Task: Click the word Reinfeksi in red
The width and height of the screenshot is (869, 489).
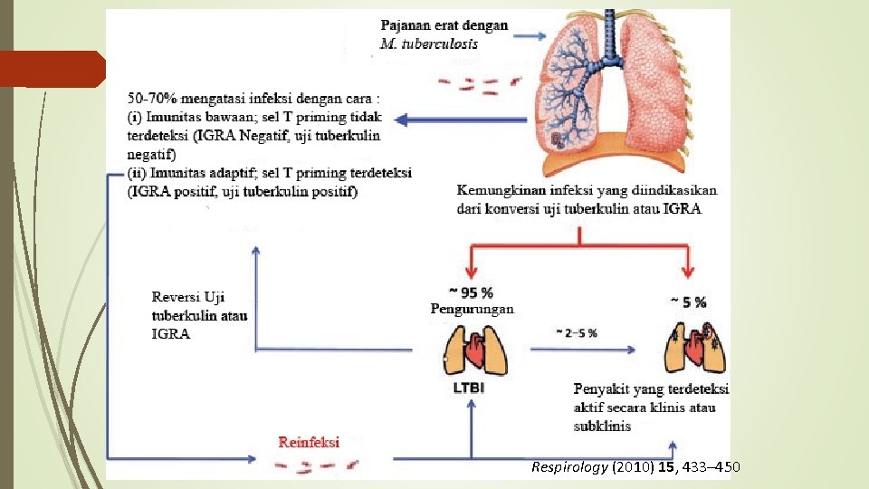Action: point(310,442)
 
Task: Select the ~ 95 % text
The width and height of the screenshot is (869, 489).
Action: point(471,292)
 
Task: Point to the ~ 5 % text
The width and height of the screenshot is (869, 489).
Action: point(689,302)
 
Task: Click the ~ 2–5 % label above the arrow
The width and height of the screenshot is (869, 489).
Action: point(576,332)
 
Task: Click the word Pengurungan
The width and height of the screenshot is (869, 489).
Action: point(472,309)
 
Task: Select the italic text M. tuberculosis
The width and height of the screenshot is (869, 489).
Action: point(429,43)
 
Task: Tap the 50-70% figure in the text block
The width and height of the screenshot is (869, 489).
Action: point(155,98)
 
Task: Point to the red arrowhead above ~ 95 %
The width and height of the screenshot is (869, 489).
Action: point(471,273)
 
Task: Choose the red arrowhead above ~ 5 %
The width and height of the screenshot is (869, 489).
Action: point(689,273)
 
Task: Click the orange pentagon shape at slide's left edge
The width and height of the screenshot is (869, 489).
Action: point(53,69)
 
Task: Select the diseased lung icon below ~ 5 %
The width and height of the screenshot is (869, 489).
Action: point(692,347)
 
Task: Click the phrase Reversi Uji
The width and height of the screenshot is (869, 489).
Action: point(188,297)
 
